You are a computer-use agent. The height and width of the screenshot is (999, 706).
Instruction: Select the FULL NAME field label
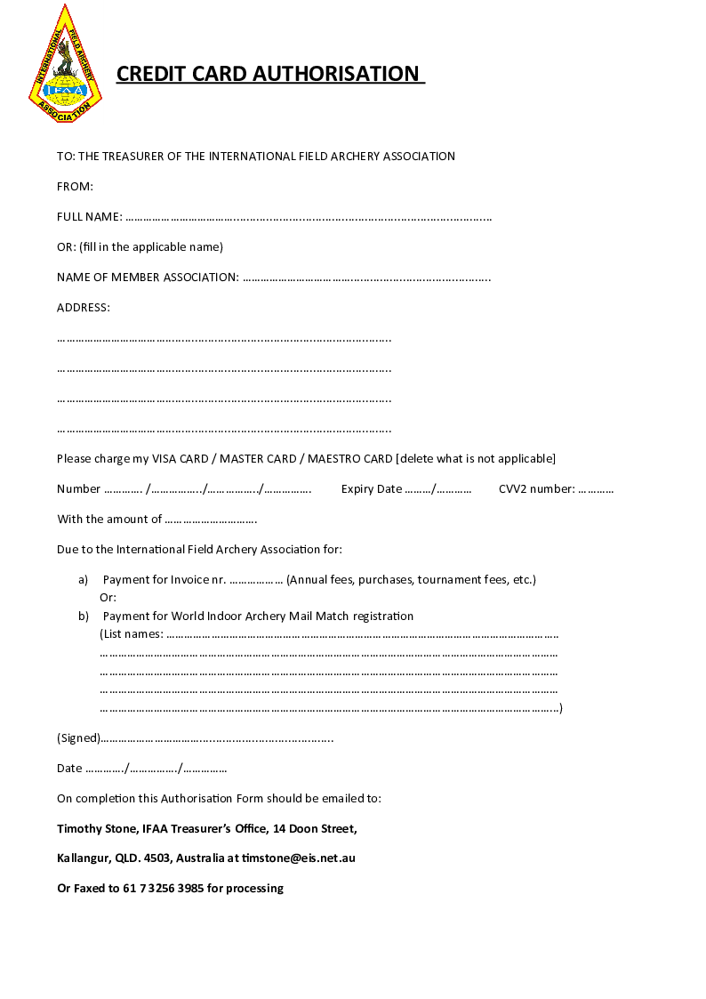89,217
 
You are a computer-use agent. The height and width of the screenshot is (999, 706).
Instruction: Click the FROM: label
75,187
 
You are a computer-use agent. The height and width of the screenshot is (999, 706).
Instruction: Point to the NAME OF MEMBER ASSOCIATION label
148,278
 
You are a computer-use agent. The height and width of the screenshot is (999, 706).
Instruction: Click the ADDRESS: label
84,308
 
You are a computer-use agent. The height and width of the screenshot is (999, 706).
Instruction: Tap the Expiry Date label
372,489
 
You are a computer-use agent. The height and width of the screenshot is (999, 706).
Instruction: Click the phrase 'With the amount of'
109,520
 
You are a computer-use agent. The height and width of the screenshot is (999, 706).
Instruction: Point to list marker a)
84,580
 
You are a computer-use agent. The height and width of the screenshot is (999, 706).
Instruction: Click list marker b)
84,616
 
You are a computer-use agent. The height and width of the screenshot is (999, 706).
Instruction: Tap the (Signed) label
78,738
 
